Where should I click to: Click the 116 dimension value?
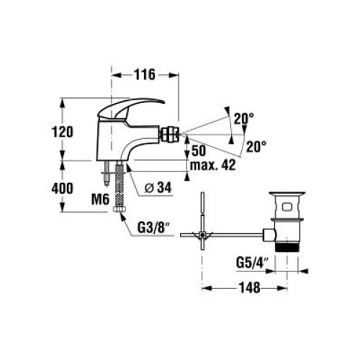click(x=145, y=74)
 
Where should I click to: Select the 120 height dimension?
click(x=62, y=132)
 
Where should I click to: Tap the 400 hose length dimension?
click(x=62, y=188)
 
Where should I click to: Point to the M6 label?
click(x=100, y=199)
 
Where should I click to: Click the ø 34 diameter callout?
click(x=158, y=188)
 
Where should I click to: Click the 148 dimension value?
click(x=249, y=287)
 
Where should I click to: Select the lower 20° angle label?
click(x=256, y=146)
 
